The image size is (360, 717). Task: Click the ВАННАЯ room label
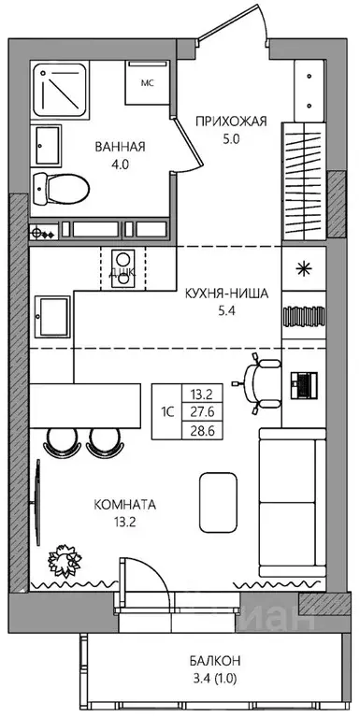(121, 146)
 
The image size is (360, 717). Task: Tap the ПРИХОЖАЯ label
(231, 121)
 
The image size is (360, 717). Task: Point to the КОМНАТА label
(124, 504)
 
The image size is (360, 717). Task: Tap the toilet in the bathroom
(60, 189)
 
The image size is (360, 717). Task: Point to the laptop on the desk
(305, 383)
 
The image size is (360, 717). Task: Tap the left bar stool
(58, 439)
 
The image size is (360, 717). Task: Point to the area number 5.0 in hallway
(231, 140)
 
